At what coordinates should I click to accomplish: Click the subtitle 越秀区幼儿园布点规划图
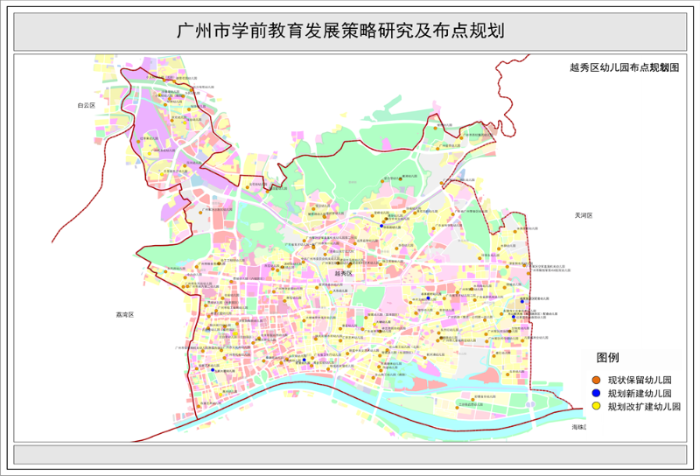coord(624,66)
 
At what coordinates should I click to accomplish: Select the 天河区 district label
coord(584,214)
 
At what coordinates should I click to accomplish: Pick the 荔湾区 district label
coord(124,314)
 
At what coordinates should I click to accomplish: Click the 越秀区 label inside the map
coord(343,274)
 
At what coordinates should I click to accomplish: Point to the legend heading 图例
coord(607,359)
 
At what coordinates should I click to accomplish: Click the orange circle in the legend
coord(596,381)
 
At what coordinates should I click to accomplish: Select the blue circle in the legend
coord(596,394)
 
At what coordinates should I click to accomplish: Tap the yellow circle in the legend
coord(596,406)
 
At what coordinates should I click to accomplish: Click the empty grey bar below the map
coord(349,455)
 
